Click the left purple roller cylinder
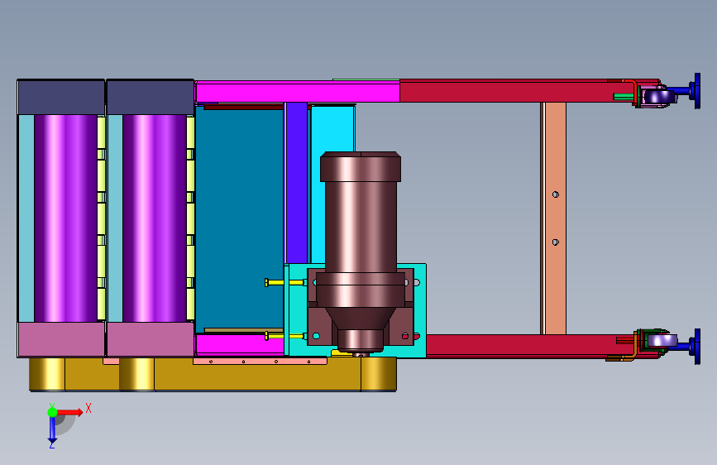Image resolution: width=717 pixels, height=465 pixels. [65, 218]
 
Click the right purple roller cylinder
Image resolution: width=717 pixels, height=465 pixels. [155, 218]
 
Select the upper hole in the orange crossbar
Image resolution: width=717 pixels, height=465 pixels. [556, 194]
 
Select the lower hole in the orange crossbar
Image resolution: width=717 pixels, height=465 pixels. [556, 242]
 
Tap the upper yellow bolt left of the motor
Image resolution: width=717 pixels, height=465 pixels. [285, 282]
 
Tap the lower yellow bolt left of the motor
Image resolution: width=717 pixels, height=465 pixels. [285, 337]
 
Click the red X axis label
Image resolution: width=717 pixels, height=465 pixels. [88, 408]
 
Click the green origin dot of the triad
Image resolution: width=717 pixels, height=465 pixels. [53, 412]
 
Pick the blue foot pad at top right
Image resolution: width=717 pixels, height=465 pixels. [697, 91]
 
